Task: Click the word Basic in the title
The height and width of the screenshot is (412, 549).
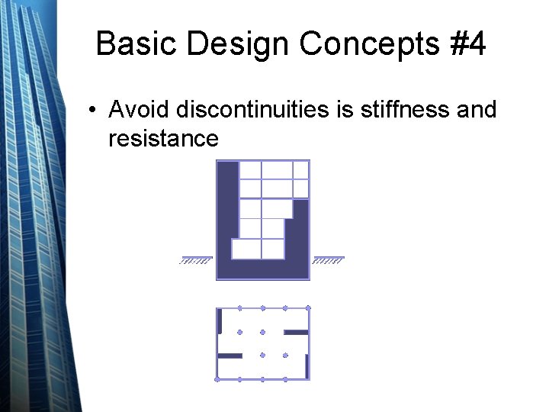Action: pyautogui.click(x=137, y=44)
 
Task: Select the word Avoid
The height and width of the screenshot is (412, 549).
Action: pyautogui.click(x=139, y=110)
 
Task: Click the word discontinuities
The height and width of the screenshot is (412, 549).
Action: pyautogui.click(x=252, y=110)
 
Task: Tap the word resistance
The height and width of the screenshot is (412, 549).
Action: pyautogui.click(x=163, y=138)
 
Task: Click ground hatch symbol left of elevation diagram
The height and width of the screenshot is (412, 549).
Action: pyautogui.click(x=195, y=260)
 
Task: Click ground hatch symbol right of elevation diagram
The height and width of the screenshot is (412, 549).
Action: pyautogui.click(x=329, y=260)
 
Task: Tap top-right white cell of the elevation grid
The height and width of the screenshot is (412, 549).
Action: pyautogui.click(x=300, y=169)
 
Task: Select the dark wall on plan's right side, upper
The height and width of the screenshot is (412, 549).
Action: pyautogui.click(x=296, y=333)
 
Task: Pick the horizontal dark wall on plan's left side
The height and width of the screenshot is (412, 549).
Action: pyautogui.click(x=230, y=356)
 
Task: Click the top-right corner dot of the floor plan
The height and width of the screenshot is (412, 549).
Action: pyautogui.click(x=308, y=308)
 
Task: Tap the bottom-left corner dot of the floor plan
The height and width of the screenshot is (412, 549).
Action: pyautogui.click(x=217, y=379)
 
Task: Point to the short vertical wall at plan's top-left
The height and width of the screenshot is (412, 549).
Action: pyautogui.click(x=220, y=321)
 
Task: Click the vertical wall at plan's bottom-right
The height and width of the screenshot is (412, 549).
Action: pyautogui.click(x=307, y=367)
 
